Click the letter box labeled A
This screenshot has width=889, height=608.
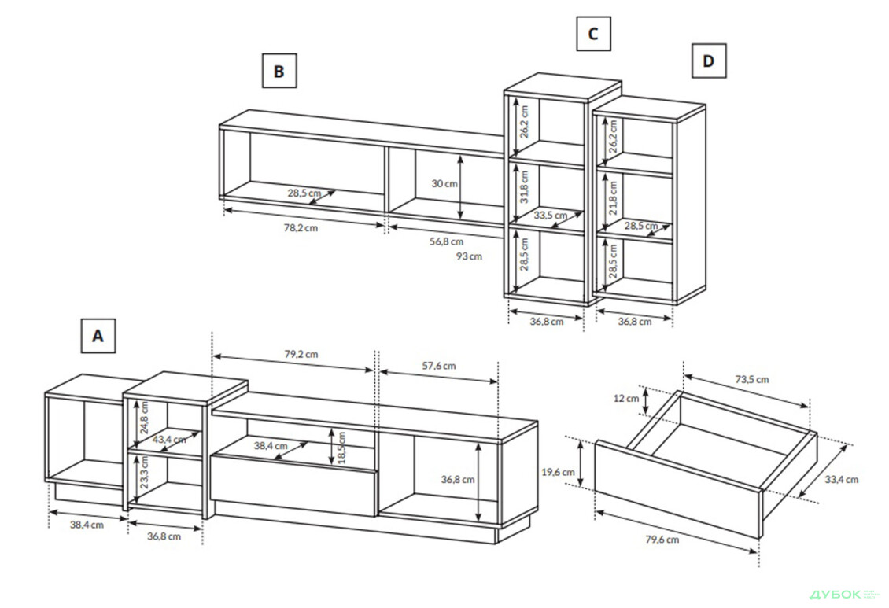(98, 335)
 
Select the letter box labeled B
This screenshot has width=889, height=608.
(279, 71)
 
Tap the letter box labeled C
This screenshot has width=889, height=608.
(592, 34)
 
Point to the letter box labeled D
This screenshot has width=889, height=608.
(708, 61)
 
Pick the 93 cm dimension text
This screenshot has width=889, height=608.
(469, 256)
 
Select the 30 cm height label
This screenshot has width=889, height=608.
(444, 184)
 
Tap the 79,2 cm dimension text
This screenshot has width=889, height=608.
(301, 354)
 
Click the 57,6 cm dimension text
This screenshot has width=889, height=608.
(438, 365)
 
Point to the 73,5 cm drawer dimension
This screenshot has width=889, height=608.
(752, 379)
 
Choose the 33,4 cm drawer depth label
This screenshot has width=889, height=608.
(841, 479)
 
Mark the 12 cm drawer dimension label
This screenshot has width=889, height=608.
(627, 399)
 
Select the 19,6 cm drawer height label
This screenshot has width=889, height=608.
(559, 472)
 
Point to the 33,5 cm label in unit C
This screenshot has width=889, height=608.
(550, 215)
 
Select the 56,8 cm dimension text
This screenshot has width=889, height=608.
(446, 241)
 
